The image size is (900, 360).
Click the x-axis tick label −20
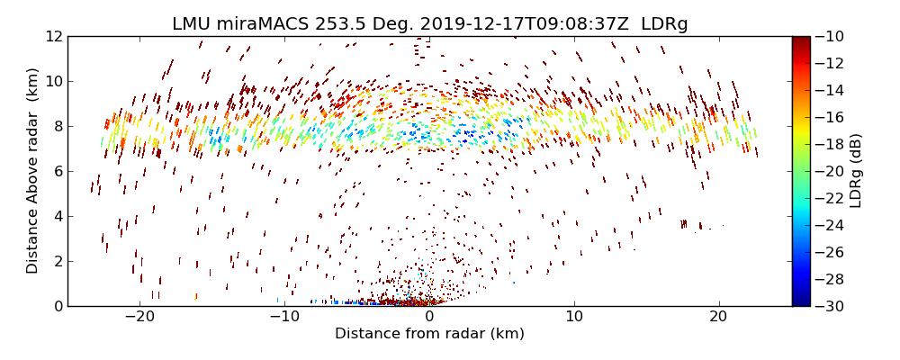click(139, 317)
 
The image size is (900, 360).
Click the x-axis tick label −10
click(284, 317)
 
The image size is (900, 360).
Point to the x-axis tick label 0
click(429, 317)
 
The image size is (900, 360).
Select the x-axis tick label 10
click(573, 317)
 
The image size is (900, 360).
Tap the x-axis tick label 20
click(718, 317)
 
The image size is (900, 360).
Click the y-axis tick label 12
click(54, 36)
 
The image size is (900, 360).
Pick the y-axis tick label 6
click(58, 171)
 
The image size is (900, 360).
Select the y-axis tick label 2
click(58, 261)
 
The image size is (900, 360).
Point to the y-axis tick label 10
click(54, 81)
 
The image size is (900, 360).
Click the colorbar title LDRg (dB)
click(856, 171)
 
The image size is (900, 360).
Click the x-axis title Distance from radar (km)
click(429, 334)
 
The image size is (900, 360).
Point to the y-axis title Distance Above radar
click(33, 171)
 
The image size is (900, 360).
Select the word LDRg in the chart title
click(664, 24)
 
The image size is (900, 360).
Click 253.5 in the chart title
click(332, 24)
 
